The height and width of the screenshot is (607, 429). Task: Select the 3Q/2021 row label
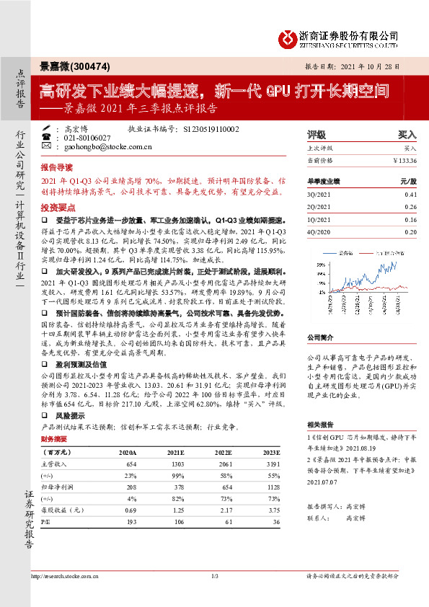[x=317, y=195]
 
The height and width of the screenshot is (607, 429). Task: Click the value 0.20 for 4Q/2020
[x=410, y=231]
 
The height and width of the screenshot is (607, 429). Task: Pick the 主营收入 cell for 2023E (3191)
[x=270, y=464]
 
